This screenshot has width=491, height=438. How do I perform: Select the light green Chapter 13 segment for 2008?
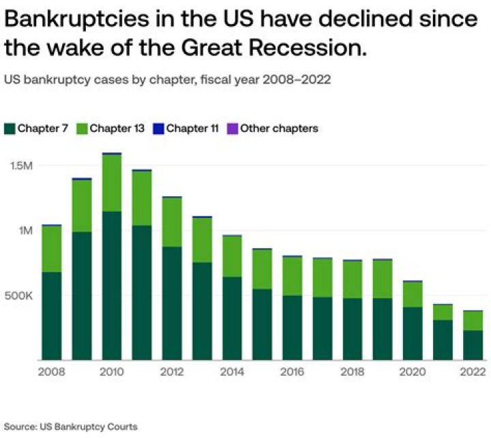pyautogui.click(x=52, y=249)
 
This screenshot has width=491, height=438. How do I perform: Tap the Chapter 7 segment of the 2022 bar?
pyautogui.click(x=473, y=345)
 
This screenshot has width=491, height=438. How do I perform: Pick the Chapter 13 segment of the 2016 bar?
pyautogui.click(x=293, y=277)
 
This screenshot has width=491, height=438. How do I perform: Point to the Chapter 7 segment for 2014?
pyautogui.click(x=233, y=318)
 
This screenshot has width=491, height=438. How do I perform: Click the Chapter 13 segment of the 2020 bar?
pyautogui.click(x=413, y=295)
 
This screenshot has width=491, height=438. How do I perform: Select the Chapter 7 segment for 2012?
pyautogui.click(x=172, y=303)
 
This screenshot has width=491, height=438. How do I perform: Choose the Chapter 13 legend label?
pyautogui.click(x=117, y=128)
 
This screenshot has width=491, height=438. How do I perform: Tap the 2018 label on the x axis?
pyautogui.click(x=353, y=372)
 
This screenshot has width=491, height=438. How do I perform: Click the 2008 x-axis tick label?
pyautogui.click(x=52, y=372)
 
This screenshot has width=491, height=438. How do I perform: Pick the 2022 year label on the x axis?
pyautogui.click(x=473, y=372)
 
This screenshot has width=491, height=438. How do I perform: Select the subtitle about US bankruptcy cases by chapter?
pyautogui.click(x=167, y=79)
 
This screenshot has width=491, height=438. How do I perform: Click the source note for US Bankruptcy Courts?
pyautogui.click(x=72, y=426)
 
